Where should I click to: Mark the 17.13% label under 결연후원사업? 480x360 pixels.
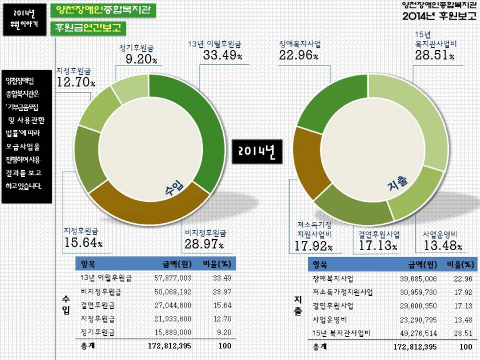(378, 246)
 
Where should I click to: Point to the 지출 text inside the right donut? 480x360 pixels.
(397, 185)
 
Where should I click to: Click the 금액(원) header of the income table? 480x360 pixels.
(174, 264)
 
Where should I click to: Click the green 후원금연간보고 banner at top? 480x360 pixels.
(89, 28)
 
